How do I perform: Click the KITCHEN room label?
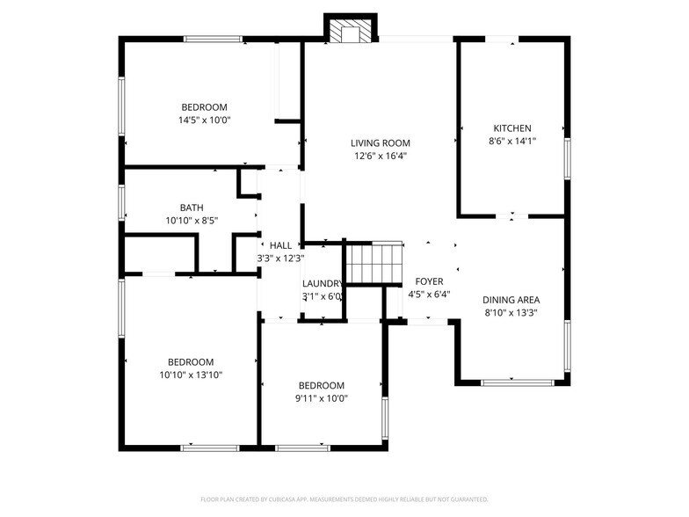point(511,128)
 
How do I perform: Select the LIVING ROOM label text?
point(380,143)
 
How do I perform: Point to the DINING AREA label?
point(511,299)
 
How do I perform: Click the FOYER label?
point(429,281)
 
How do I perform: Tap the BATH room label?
point(192,208)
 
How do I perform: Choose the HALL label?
point(280,246)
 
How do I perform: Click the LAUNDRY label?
point(322,284)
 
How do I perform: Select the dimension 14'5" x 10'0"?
point(204,120)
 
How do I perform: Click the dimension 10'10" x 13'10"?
point(191,375)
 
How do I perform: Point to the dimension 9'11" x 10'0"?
point(321,398)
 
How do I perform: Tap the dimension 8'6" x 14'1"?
point(511,141)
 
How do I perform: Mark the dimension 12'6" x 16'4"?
point(380,156)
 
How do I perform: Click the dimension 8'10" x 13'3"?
point(511,311)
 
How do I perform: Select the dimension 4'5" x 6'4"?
point(429,295)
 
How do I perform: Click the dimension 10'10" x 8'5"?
point(192,221)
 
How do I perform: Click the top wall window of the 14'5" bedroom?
point(213,39)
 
